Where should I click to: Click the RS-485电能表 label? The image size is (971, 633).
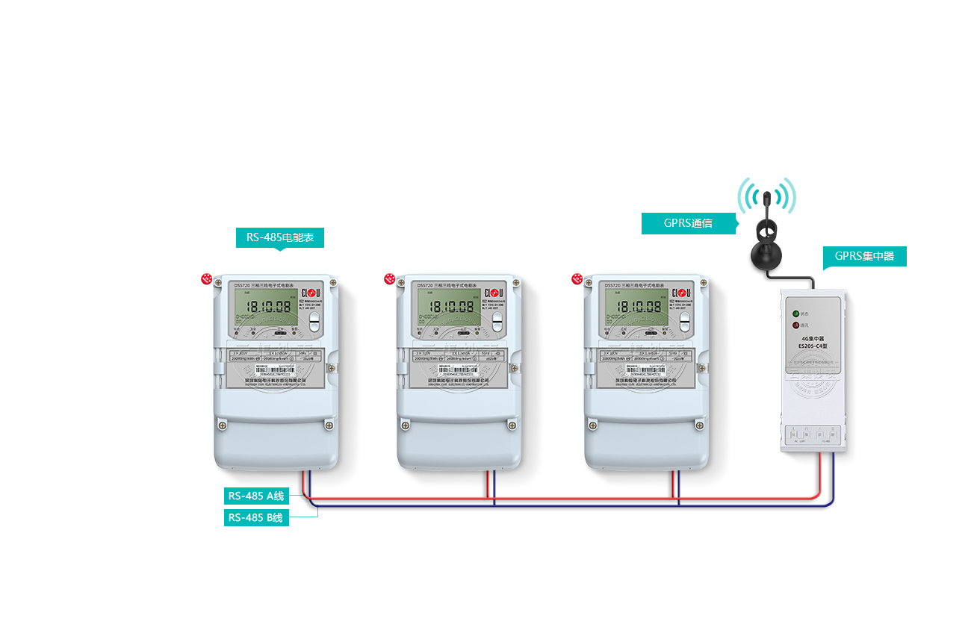click(x=279, y=239)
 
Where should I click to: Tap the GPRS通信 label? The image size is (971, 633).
click(x=688, y=222)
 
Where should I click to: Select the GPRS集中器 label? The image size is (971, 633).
click(x=864, y=257)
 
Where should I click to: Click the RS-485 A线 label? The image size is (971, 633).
click(x=256, y=496)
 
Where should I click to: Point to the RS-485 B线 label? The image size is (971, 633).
click(x=255, y=517)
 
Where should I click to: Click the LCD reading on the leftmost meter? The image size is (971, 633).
click(x=269, y=306)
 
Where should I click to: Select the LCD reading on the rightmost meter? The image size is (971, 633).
click(x=640, y=306)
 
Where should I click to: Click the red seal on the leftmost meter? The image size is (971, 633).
click(x=207, y=279)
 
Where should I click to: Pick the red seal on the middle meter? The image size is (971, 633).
click(x=390, y=279)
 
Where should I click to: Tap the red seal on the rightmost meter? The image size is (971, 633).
click(x=577, y=279)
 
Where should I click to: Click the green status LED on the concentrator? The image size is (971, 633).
click(x=796, y=314)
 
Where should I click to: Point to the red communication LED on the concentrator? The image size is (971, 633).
click(x=796, y=325)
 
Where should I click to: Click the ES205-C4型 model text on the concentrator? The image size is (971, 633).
click(x=813, y=346)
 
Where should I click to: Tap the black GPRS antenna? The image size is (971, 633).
click(x=766, y=231)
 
